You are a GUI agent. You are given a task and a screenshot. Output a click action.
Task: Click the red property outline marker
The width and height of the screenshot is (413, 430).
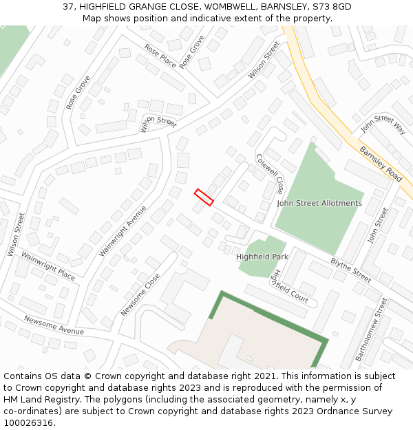(204, 197)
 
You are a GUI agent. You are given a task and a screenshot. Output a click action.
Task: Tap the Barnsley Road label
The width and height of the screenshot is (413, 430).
(381, 164)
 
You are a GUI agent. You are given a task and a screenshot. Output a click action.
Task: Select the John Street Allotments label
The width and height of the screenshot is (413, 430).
(319, 204)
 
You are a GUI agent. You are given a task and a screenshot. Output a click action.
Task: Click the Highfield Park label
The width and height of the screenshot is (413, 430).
(262, 257)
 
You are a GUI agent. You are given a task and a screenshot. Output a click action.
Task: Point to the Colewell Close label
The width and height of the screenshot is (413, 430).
(270, 173)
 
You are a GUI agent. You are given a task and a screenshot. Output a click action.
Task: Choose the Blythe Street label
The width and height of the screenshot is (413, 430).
(351, 270)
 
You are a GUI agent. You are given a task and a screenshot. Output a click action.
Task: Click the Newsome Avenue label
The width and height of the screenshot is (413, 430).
(54, 325)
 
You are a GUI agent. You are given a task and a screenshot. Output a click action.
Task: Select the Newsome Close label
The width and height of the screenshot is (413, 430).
(140, 294)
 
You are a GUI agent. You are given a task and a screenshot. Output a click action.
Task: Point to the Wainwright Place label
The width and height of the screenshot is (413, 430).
(48, 266)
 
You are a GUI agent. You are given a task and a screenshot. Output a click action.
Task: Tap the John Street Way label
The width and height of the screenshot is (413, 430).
(383, 125)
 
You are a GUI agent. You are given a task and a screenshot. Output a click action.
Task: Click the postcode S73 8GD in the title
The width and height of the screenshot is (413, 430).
(332, 7)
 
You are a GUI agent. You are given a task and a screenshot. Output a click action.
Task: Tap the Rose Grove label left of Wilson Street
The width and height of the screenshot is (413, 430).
(78, 92)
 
